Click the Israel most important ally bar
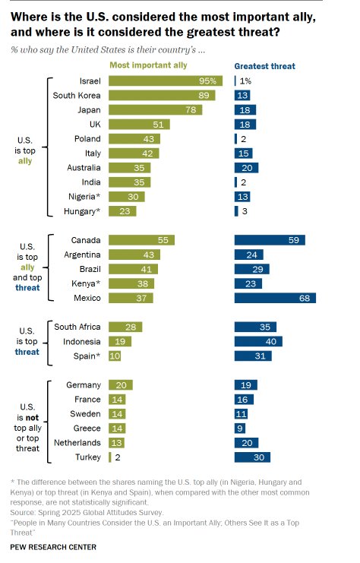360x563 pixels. point(165,81)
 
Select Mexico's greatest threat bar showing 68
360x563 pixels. point(274,298)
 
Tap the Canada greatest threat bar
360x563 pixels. point(270,239)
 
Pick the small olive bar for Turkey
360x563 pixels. point(110,457)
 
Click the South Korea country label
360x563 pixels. point(77,95)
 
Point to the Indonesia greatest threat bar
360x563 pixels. point(258,341)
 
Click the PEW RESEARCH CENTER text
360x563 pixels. point(53,546)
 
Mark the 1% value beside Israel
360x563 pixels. point(245,81)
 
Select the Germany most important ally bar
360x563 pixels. point(121,384)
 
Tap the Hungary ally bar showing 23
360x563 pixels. point(122,211)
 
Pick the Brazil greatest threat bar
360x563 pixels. point(251,269)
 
